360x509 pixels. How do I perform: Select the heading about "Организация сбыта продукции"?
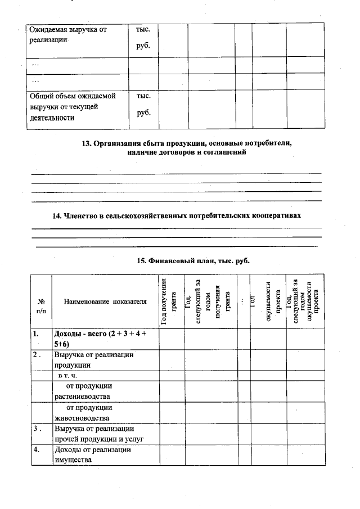pos(187,148)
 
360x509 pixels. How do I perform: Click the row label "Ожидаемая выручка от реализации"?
pos(67,35)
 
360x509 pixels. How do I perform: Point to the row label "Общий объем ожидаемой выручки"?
pos(71,107)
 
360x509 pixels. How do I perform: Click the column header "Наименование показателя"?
pos(105,301)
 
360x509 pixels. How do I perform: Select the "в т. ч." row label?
pos(68,375)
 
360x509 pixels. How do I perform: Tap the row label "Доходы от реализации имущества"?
pos(92,455)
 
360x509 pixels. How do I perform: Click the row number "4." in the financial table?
pos(36,450)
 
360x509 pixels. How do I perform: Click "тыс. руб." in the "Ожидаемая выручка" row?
pos(143,37)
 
